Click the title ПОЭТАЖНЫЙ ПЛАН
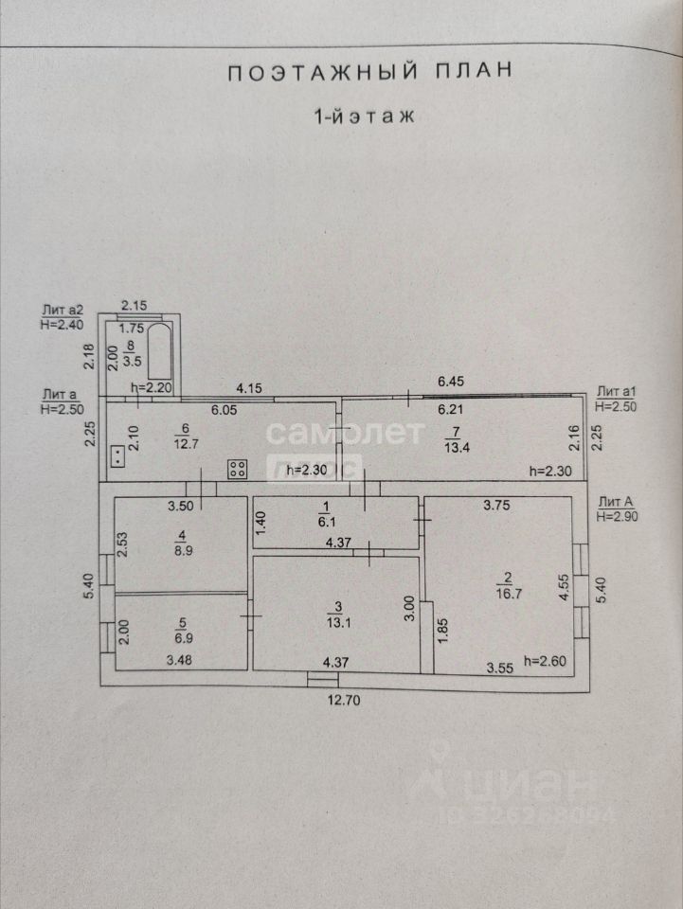(x=369, y=72)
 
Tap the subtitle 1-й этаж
(x=365, y=117)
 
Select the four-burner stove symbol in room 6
(x=236, y=467)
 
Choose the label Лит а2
(x=63, y=310)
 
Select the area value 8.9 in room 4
(x=180, y=548)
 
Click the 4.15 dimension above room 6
(x=249, y=387)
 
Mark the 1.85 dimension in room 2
(x=440, y=632)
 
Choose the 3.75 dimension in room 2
(x=498, y=505)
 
